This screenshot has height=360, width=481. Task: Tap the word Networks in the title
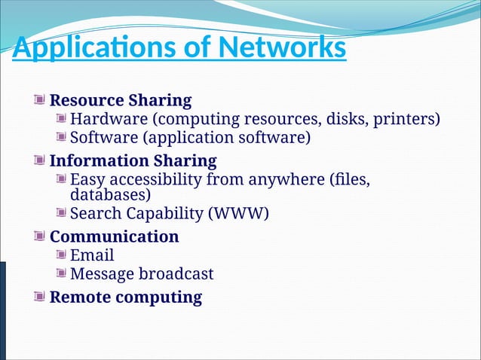[282, 48]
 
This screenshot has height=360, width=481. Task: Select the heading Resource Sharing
[121, 100]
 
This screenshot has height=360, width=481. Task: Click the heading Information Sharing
[133, 160]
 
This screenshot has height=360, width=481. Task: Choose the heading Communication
[114, 236]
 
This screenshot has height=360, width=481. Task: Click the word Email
[92, 255]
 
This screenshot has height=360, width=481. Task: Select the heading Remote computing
[125, 297]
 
